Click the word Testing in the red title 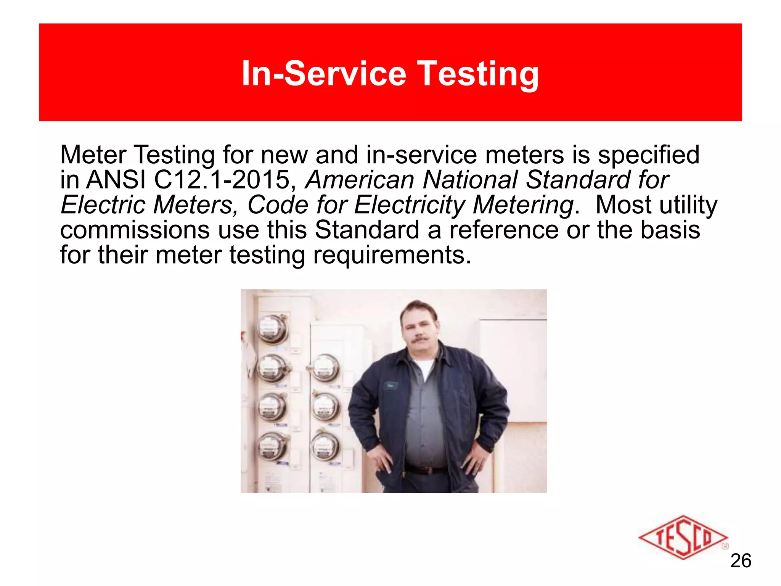(479, 74)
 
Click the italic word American (360, 180)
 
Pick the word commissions (135, 230)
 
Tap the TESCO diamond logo (683, 538)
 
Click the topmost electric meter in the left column (272, 329)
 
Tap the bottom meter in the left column (271, 446)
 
